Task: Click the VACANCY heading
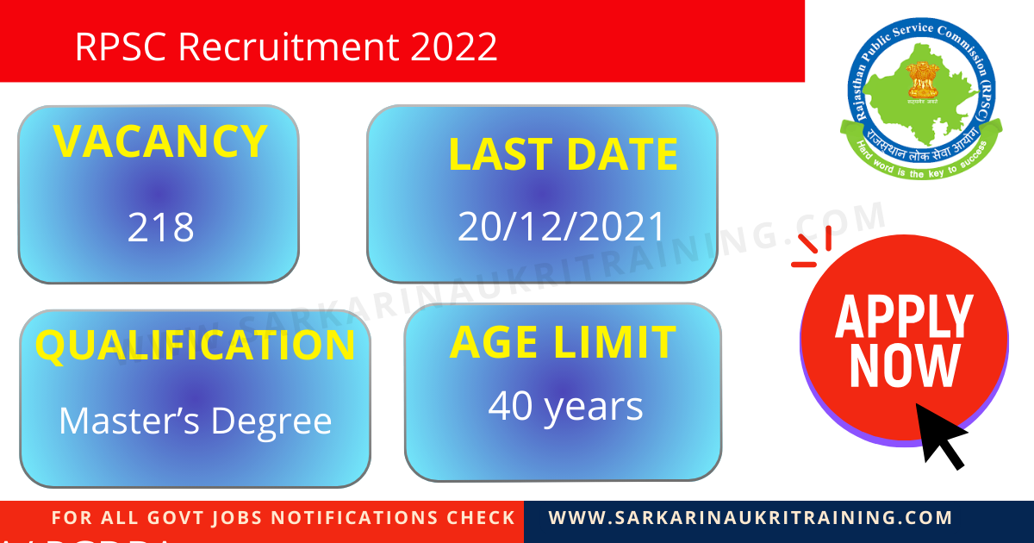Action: click(159, 142)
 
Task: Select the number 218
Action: click(161, 228)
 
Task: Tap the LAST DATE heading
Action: click(563, 155)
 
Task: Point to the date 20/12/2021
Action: click(562, 227)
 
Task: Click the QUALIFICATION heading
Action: click(195, 345)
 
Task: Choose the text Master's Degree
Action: click(195, 421)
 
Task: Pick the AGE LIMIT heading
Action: click(563, 343)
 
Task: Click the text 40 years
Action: click(565, 406)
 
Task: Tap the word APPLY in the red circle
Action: click(904, 316)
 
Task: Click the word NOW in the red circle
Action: click(904, 365)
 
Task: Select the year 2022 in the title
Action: click(454, 47)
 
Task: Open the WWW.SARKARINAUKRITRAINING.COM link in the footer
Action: click(751, 518)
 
